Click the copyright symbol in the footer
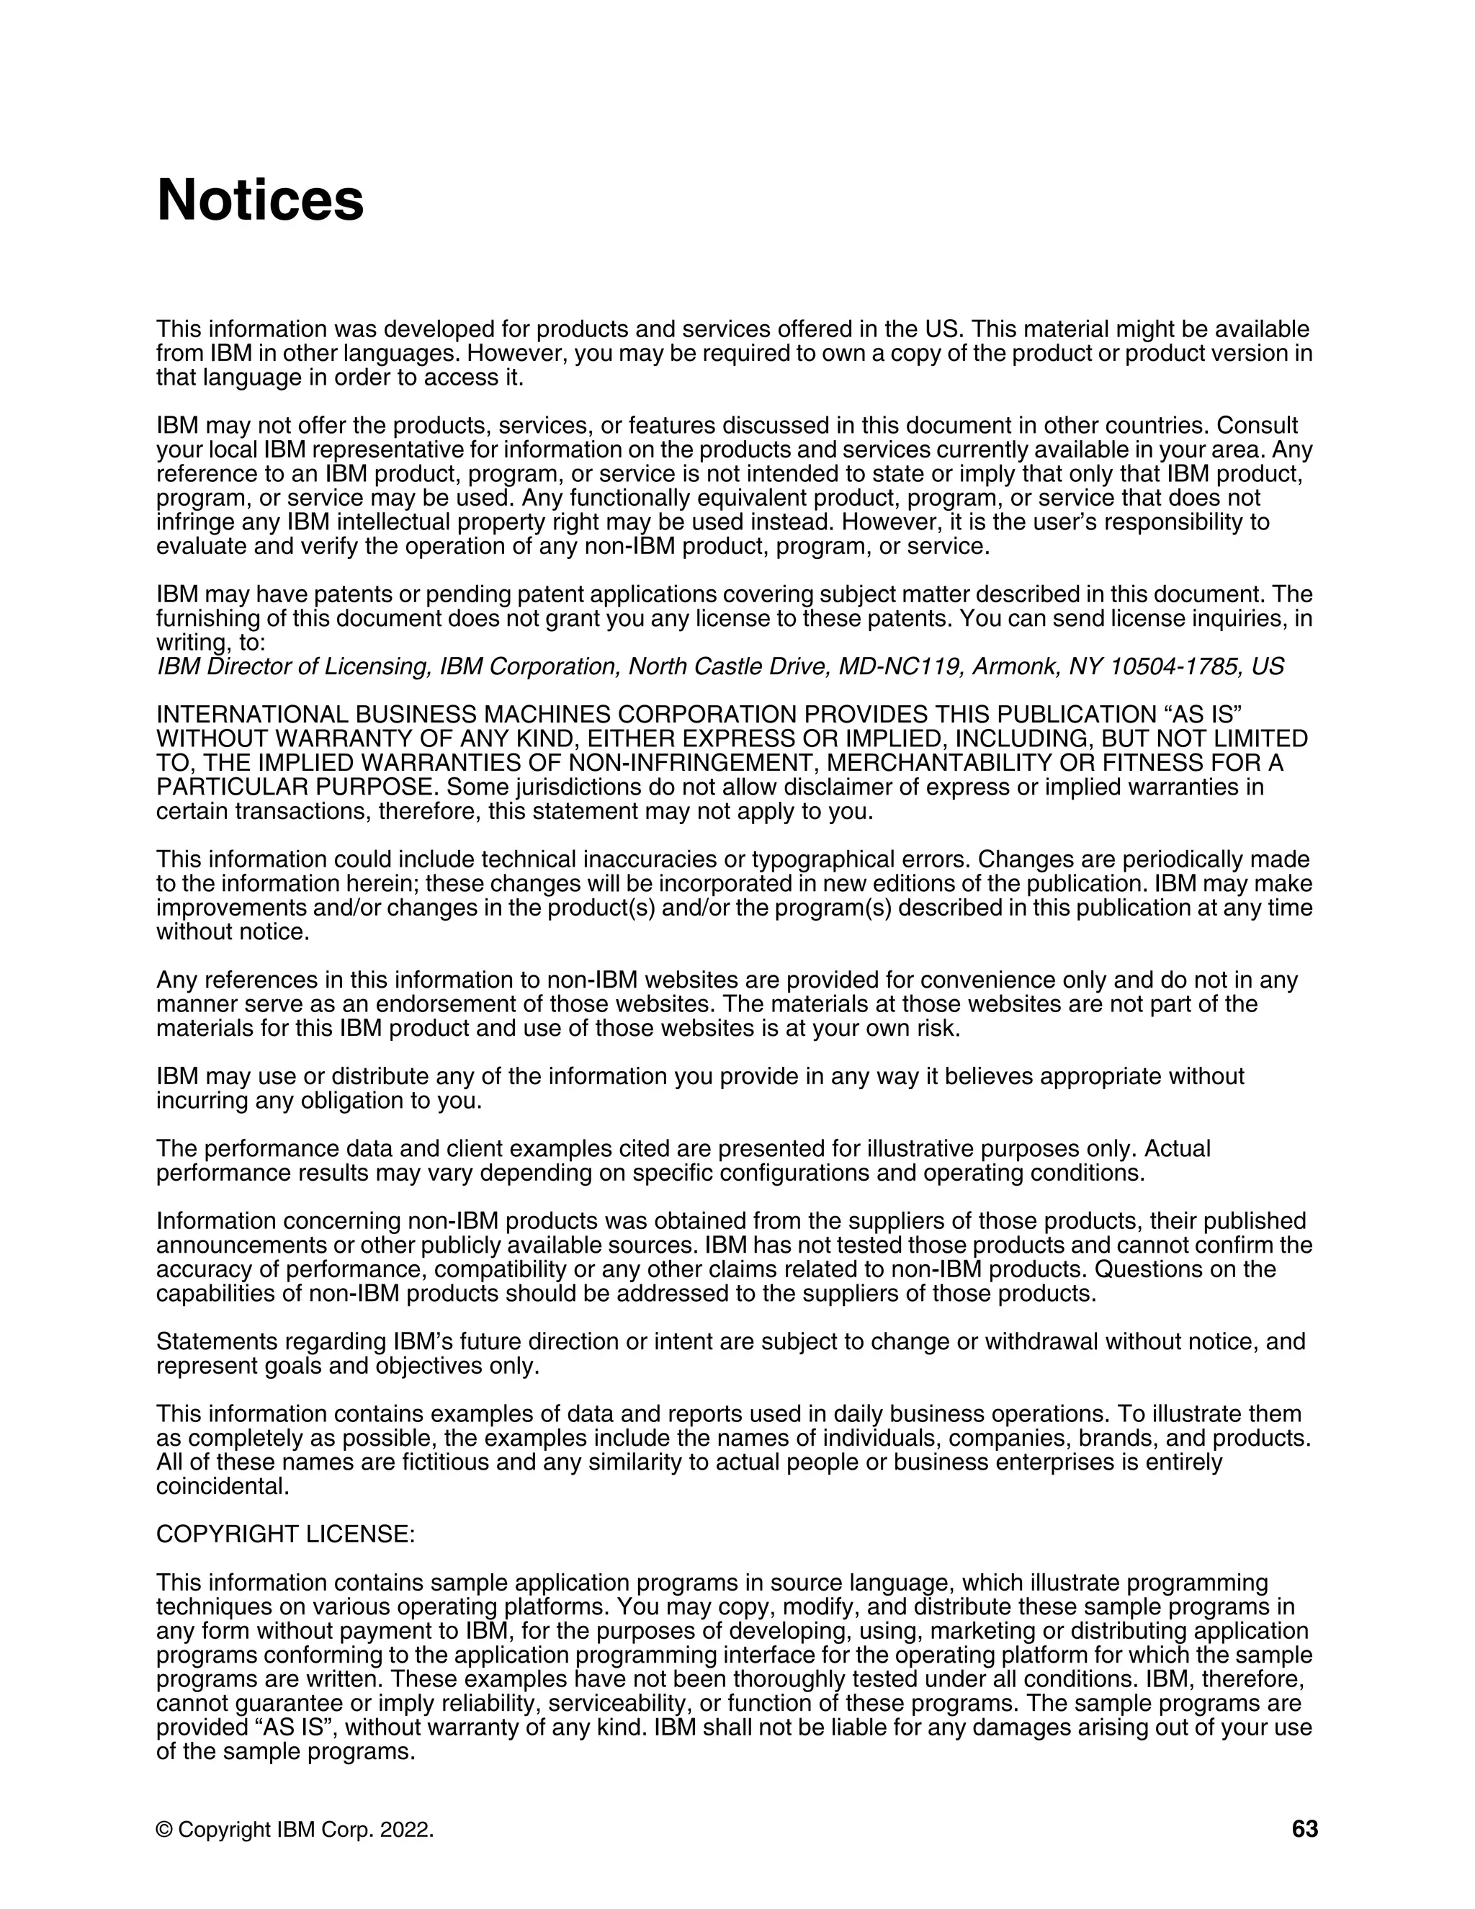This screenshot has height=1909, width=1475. (163, 1830)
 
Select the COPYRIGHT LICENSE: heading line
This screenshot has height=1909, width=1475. (286, 1534)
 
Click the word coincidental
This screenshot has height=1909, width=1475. (222, 1486)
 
